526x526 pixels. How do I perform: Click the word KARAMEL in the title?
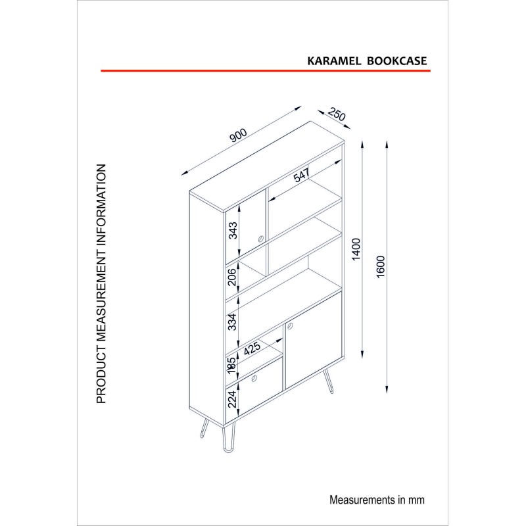(334, 60)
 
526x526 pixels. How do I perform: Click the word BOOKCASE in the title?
(396, 60)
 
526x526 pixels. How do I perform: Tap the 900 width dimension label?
(238, 135)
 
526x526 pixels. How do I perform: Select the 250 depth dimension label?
(336, 114)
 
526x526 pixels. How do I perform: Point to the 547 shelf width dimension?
(301, 175)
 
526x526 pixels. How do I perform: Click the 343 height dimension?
(233, 231)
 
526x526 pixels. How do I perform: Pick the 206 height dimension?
(232, 276)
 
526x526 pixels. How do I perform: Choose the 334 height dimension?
(232, 322)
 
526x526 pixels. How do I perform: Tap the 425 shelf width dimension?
(252, 348)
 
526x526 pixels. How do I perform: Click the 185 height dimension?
(231, 366)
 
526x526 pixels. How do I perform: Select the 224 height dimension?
(232, 399)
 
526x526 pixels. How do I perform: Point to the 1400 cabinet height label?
(356, 249)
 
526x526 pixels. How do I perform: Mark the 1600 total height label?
(381, 267)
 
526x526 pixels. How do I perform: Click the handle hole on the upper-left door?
(260, 239)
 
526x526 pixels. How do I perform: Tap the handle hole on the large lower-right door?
(291, 325)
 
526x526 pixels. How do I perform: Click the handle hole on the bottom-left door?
(254, 379)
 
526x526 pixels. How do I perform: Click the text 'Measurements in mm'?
(377, 500)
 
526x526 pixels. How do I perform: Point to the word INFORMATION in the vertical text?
(101, 211)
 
